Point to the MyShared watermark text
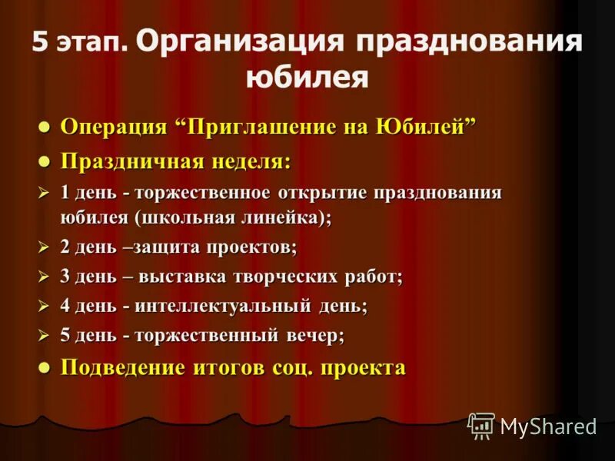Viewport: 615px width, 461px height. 548,427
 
